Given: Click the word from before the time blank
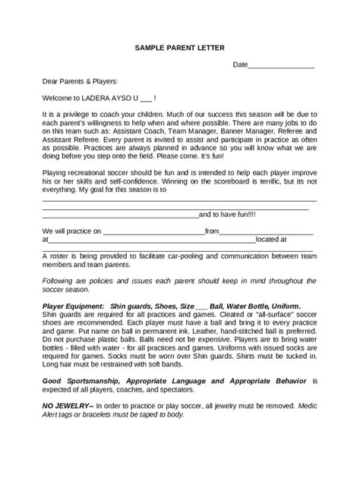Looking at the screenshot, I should pos(212,231).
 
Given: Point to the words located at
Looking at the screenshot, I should pos(271,239).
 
